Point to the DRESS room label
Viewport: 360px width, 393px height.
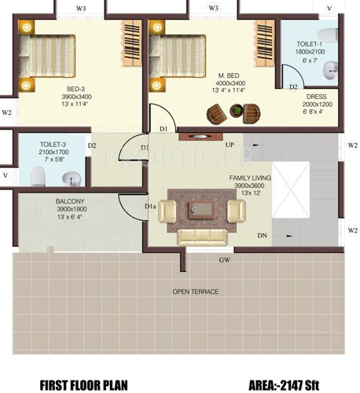click(317, 96)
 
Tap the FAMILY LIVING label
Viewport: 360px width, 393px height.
click(250, 178)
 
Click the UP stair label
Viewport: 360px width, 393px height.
click(230, 145)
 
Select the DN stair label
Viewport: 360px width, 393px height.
click(261, 235)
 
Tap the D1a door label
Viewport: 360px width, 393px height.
click(149, 207)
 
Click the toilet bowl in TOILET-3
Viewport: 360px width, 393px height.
click(36, 174)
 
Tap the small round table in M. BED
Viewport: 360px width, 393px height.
click(233, 115)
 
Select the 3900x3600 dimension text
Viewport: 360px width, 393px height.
click(250, 186)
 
